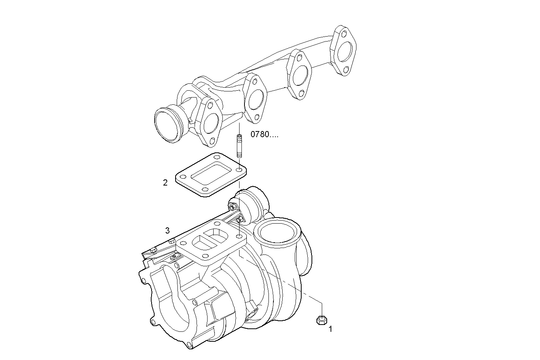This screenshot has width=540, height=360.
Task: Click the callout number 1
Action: click(330, 329)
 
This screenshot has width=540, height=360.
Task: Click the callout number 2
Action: click(165, 183)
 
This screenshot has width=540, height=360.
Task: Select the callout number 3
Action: click(167, 230)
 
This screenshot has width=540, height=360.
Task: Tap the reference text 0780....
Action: click(264, 134)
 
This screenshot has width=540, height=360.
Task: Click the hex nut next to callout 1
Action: click(321, 320)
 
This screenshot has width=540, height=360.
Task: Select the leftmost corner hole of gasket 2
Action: click(183, 177)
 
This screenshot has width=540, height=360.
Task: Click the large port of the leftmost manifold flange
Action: click(210, 123)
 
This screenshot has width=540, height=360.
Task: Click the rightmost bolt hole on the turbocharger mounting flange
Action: click(239, 237)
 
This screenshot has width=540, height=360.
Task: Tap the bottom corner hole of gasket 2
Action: click(205, 189)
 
